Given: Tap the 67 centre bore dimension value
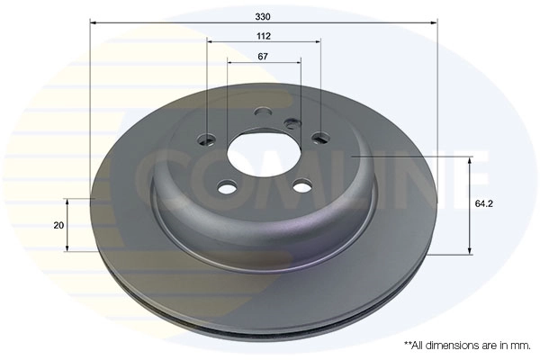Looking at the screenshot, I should [x=264, y=56].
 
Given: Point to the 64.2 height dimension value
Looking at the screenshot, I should [x=485, y=203].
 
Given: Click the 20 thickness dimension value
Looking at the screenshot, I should [x=58, y=225].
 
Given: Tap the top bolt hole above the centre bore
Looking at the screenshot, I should [x=263, y=113].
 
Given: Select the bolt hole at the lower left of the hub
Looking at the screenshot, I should [x=228, y=187].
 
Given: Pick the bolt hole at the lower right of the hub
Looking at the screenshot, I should [x=303, y=187].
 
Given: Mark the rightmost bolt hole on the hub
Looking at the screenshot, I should [x=320, y=139].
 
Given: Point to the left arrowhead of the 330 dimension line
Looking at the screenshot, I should [x=94, y=24].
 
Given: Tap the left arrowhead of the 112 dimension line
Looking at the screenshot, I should [x=210, y=41].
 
